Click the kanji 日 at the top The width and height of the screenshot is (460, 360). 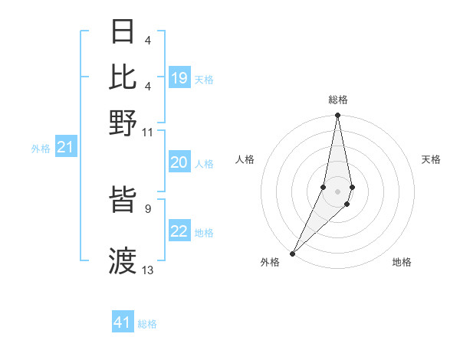click(123, 32)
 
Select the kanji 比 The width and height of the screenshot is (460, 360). click(123, 77)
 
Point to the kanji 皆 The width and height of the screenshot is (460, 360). click(123, 203)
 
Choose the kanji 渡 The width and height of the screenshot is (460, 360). click(123, 260)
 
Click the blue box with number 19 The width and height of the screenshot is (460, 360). click(179, 78)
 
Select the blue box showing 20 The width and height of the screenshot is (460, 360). click(179, 162)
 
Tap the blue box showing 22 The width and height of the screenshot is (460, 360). click(179, 231)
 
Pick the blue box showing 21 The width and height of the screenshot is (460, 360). click(65, 148)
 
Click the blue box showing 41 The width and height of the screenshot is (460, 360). click(123, 322)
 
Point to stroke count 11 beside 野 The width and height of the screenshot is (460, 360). click(148, 132)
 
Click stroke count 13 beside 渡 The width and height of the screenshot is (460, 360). click(148, 270)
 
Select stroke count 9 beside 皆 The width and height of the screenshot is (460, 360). click(148, 208)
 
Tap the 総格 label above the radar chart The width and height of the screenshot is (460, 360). click(338, 100)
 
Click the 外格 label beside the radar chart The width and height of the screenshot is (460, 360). click(270, 262)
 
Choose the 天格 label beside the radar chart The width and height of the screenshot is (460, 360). click(432, 159)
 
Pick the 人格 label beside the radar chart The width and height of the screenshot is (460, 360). click(245, 159)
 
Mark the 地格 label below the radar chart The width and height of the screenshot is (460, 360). click(402, 262)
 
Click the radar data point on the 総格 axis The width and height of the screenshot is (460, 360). click(337, 116)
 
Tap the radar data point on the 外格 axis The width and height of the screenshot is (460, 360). click(293, 253)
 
